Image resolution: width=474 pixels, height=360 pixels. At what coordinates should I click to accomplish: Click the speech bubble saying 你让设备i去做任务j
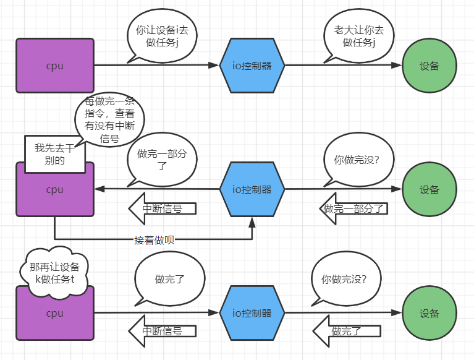[161, 35]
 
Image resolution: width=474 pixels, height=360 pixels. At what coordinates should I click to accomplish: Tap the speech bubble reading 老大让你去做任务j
[358, 35]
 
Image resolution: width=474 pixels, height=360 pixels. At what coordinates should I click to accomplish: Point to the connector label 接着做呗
[153, 239]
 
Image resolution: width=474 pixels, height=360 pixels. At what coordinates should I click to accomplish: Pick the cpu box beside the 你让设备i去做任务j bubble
[55, 66]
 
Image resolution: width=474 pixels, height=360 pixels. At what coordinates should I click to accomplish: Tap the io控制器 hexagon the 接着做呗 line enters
[252, 189]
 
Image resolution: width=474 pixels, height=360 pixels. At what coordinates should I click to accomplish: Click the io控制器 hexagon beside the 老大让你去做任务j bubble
[252, 66]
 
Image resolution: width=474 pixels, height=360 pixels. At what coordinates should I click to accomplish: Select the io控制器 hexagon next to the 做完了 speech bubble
[252, 313]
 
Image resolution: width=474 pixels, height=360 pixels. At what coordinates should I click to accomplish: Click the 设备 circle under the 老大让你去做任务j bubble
[430, 66]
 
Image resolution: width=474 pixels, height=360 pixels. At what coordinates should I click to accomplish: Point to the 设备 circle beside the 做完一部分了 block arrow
[430, 189]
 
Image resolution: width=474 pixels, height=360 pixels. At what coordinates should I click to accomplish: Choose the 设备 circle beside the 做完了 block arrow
[430, 313]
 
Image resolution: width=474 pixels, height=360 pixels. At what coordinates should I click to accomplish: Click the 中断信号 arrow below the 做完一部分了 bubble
[162, 208]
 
